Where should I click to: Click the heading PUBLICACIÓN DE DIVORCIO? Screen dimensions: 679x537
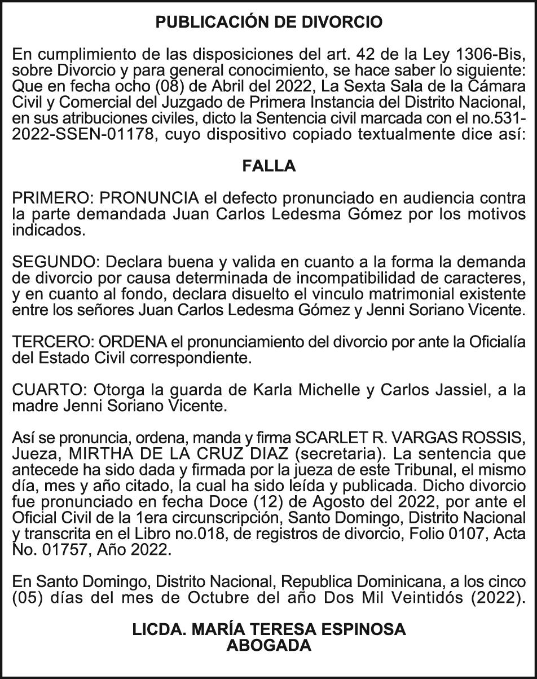point(268,23)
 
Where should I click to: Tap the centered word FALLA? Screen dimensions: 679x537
point(268,166)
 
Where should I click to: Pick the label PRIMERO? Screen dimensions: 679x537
point(53,199)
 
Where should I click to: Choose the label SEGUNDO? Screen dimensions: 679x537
point(56,262)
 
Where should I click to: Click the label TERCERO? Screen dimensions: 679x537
point(53,342)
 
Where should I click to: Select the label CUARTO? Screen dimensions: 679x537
point(50,390)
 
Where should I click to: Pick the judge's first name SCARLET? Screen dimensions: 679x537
point(329,438)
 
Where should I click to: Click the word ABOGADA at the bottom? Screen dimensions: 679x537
point(268,646)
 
